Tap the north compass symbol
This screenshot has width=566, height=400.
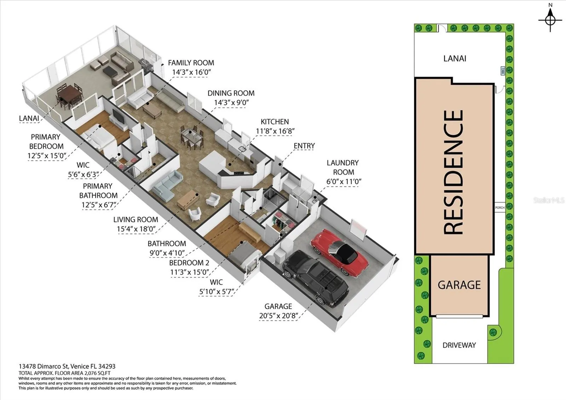click(x=550, y=20)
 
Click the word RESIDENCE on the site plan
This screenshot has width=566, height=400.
click(x=454, y=172)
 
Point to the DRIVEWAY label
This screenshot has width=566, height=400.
click(x=459, y=345)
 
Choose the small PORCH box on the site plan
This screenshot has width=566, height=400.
click(x=500, y=207)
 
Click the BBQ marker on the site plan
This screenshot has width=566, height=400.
click(x=503, y=71)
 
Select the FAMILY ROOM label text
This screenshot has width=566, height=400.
click(x=191, y=63)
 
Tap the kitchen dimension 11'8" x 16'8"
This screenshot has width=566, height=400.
click(x=275, y=131)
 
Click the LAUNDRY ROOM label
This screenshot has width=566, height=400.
click(x=343, y=167)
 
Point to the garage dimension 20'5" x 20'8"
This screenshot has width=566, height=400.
click(x=279, y=316)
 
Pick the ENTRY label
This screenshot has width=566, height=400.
click(x=304, y=146)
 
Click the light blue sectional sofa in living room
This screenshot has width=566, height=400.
click(x=167, y=185)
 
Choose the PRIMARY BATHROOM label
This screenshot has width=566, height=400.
click(x=98, y=191)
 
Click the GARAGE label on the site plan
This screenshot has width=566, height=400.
click(x=459, y=285)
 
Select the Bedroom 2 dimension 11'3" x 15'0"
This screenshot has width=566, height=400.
click(x=190, y=272)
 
